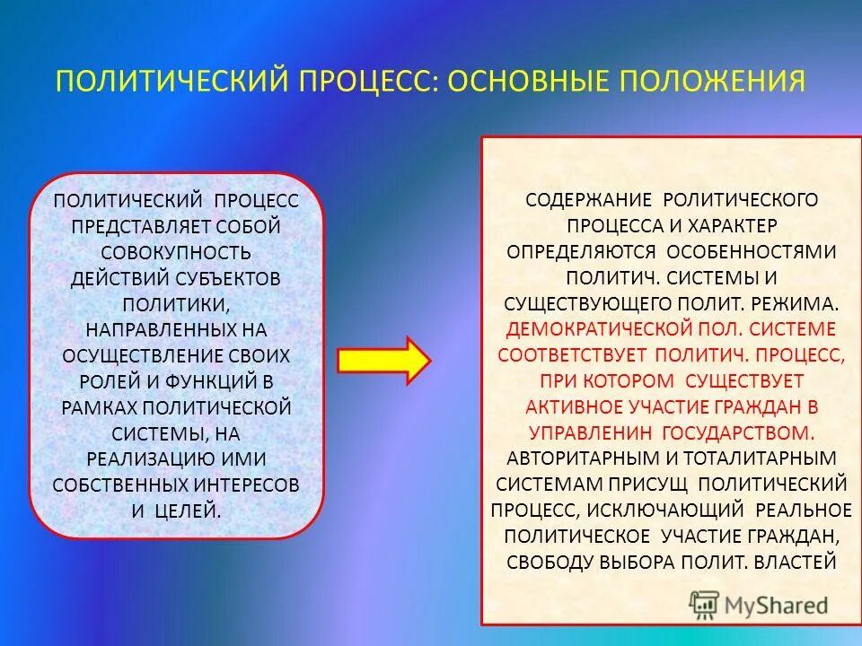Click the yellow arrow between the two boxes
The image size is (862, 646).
tap(383, 360)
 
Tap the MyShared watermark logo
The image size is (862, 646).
tap(759, 603)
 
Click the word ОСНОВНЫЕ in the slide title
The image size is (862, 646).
tap(530, 82)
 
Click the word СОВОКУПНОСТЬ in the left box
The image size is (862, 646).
tap(176, 252)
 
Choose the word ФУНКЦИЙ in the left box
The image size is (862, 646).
tap(215, 381)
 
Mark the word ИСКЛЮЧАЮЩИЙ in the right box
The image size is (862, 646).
tap(669, 510)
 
